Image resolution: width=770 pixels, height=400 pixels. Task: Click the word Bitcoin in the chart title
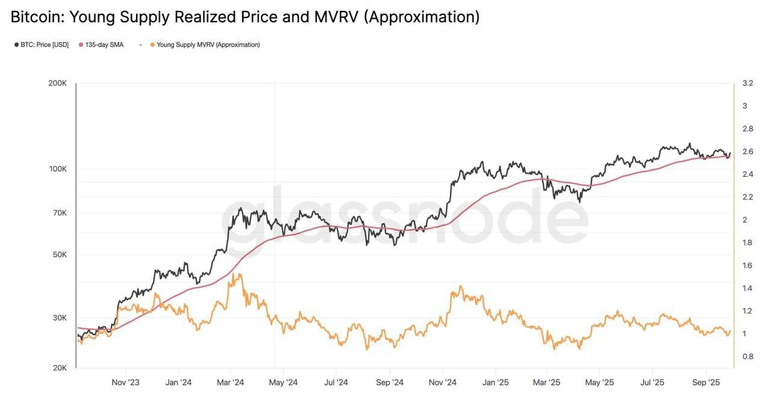pyautogui.click(x=36, y=17)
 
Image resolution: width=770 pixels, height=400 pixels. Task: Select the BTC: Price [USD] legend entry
pyautogui.click(x=42, y=45)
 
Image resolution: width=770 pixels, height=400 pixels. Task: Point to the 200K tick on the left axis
pyautogui.click(x=58, y=83)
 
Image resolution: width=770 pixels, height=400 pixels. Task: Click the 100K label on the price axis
pyautogui.click(x=58, y=169)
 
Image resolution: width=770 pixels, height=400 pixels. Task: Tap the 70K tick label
pyautogui.click(x=60, y=213)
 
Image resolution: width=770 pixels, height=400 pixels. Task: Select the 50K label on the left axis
pyautogui.click(x=60, y=255)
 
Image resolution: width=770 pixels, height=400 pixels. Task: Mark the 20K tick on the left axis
pyautogui.click(x=60, y=368)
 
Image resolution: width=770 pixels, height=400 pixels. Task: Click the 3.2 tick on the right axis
pyautogui.click(x=748, y=83)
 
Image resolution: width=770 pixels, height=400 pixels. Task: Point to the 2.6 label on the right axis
pyautogui.click(x=748, y=152)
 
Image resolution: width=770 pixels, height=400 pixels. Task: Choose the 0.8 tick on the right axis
pyautogui.click(x=748, y=356)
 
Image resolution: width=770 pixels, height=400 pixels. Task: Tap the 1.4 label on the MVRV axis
pyautogui.click(x=748, y=288)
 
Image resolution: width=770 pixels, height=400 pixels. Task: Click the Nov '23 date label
pyautogui.click(x=126, y=383)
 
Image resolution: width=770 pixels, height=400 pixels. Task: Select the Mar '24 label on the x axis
pyautogui.click(x=230, y=383)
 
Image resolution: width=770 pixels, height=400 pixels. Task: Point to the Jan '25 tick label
pyautogui.click(x=495, y=383)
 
